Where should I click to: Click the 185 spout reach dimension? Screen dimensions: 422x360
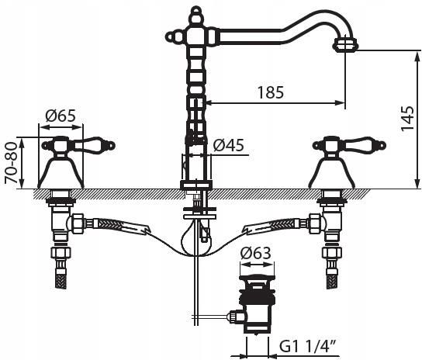point(271,92)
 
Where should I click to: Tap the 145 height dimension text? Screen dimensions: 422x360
point(407,119)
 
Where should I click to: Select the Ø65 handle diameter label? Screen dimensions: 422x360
point(61,116)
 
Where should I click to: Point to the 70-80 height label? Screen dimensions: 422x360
point(12,163)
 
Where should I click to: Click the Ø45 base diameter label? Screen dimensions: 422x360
point(229,145)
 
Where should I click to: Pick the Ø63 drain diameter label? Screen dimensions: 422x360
point(256,253)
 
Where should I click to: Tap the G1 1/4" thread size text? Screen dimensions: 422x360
point(308,347)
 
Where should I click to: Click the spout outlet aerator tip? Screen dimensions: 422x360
point(346,44)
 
